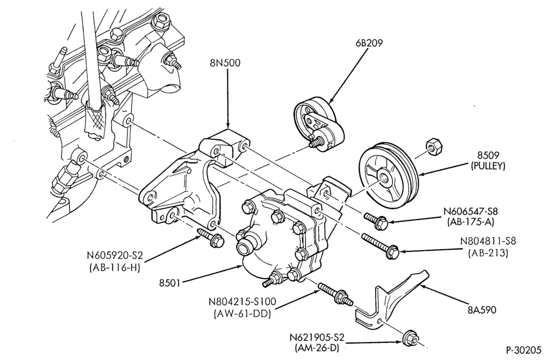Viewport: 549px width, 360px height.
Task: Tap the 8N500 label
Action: (225, 63)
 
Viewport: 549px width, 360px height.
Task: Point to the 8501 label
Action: (170, 282)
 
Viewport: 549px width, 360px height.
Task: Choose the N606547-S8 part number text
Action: (470, 211)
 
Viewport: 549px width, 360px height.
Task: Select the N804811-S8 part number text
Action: (488, 241)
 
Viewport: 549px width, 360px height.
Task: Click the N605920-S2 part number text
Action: (115, 257)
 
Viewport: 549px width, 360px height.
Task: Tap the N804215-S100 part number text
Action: (242, 302)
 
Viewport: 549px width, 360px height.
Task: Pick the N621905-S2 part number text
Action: (317, 337)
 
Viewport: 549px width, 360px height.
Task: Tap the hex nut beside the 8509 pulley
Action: (435, 147)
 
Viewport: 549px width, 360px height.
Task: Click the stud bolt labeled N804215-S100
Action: (333, 295)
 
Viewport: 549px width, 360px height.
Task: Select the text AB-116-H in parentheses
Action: (115, 268)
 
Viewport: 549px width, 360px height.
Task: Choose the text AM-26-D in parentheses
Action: (317, 348)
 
